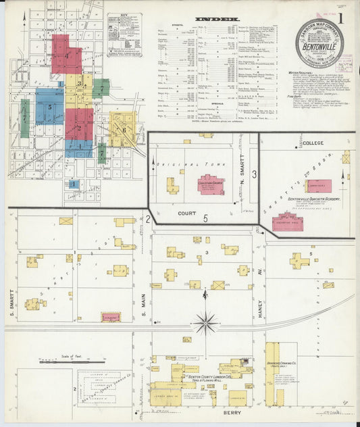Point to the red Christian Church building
point(211,183)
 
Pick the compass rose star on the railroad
point(205,322)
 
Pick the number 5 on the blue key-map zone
point(49,106)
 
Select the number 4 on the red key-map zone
point(67,54)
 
